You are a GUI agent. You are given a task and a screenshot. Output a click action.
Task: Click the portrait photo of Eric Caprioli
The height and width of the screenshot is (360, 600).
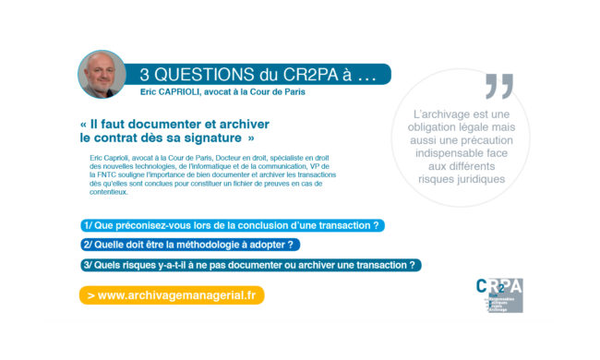tap(102, 74)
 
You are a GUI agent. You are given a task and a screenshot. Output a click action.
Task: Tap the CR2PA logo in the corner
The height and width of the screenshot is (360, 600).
tap(498, 294)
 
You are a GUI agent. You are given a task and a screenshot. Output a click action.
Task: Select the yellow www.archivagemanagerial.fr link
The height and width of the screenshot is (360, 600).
tap(172, 295)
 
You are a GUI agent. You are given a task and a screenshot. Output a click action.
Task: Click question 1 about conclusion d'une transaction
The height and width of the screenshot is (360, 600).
tap(231, 225)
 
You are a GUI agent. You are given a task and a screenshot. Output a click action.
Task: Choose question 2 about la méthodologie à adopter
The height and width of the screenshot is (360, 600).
tap(189, 245)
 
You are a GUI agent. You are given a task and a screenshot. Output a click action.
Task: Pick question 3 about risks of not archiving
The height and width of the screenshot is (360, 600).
tap(250, 265)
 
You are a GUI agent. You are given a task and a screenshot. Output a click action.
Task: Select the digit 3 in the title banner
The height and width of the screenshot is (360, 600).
tap(145, 74)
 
